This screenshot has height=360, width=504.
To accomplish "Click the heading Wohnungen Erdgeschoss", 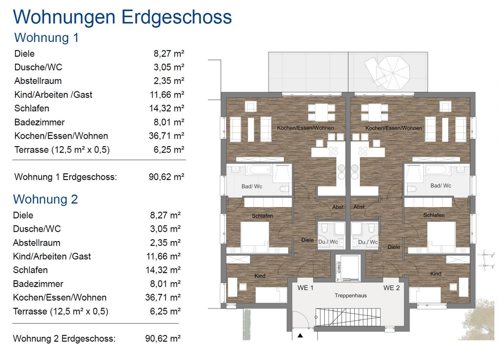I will pos(122,17).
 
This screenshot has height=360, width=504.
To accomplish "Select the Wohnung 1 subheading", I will pos(47,38).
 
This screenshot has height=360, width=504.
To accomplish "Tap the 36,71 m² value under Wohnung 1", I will pos(166,136).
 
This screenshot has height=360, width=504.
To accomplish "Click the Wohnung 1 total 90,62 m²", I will pos(166,177).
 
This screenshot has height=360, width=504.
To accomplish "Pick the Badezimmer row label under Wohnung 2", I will pos(38,284).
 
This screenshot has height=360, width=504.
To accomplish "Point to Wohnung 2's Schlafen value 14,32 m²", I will pos(163,270).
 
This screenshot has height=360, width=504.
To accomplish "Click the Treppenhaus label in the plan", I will pos(350,296).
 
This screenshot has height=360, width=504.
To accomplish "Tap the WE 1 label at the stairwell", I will pos(305,288).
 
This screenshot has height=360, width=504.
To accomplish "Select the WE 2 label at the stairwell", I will pos(391,288).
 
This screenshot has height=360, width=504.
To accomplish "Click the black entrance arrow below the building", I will pos(300,335).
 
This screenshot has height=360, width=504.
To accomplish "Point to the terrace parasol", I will pos(393,73).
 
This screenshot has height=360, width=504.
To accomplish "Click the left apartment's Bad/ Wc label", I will pos(252,186).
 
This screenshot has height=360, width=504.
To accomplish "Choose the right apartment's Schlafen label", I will pos(434,215).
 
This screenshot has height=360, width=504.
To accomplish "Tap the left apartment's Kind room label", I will pos(260,276).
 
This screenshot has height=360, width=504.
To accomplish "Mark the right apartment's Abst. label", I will pos(359,207).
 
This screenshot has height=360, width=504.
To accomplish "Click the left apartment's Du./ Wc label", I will pos(328,242).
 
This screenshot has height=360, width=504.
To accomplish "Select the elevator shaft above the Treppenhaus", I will pos(348,268).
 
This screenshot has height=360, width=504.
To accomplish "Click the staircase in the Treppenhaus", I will pos(348,317).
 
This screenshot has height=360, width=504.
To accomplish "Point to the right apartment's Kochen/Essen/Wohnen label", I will pos(394,128).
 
